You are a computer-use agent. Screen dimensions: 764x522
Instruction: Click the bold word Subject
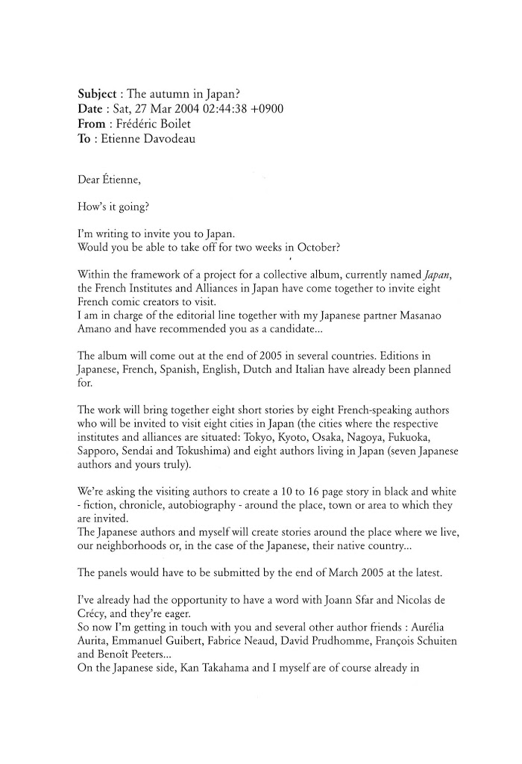pyautogui.click(x=97, y=95)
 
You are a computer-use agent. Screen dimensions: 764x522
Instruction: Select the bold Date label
pyautogui.click(x=90, y=109)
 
